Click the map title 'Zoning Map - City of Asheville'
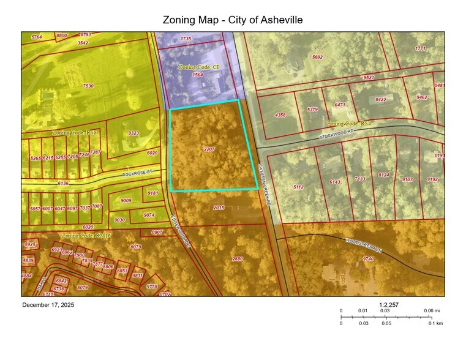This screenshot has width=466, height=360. point(233,20)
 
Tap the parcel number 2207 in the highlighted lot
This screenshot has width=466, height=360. point(209,149)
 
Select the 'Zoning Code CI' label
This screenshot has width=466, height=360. point(198,66)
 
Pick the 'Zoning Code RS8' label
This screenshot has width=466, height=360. point(75,132)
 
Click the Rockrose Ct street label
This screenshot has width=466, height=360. point(137,174)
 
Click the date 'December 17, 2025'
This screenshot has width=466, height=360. point(48,305)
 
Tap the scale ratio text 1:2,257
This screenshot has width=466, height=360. point(389,304)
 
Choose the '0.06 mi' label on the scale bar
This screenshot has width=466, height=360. point(432,311)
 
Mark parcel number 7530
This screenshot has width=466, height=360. point(88,86)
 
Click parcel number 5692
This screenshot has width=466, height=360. point(317,57)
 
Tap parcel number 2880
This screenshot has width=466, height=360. point(238,259)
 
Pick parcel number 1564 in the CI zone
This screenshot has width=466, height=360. point(198,75)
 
